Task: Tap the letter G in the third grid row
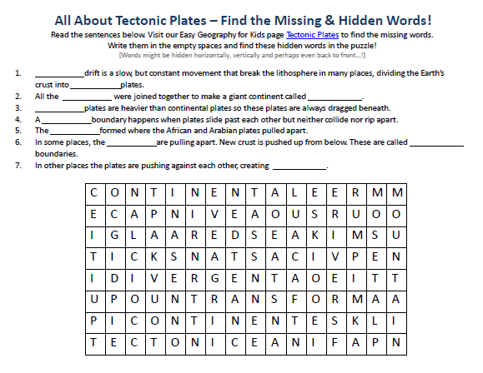113,235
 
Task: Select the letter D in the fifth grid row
113,277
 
